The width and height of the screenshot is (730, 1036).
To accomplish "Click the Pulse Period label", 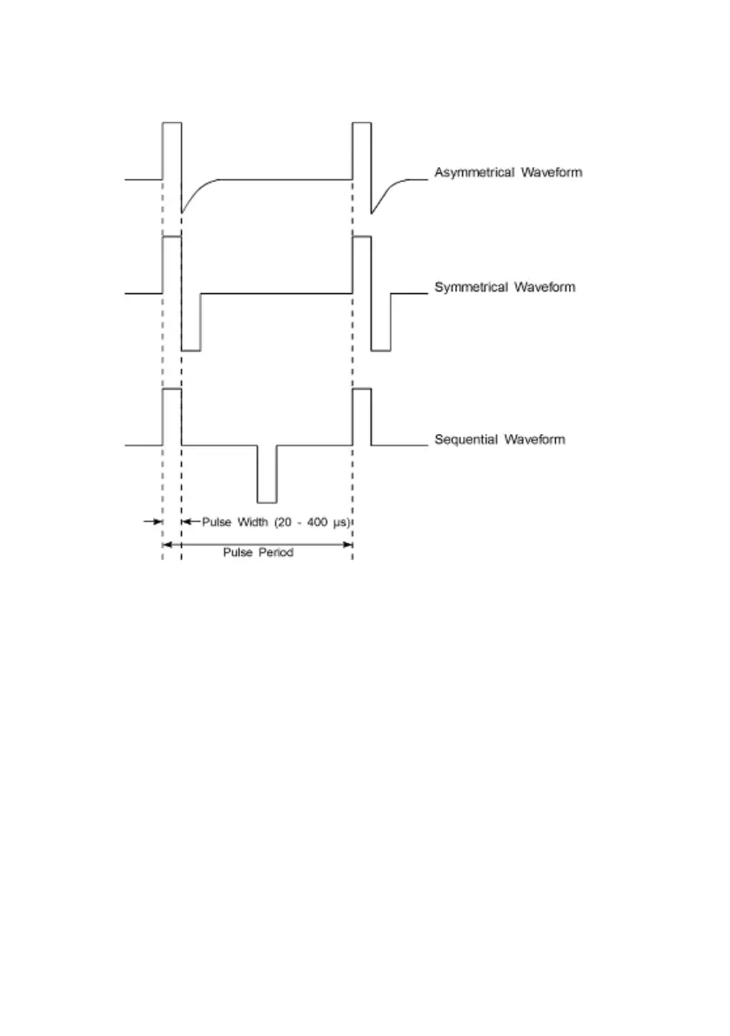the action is pyautogui.click(x=258, y=553).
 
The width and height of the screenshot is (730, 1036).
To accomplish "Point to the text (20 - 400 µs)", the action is pyautogui.click(x=315, y=522).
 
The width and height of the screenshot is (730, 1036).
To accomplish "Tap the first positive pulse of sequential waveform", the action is pyautogui.click(x=171, y=418).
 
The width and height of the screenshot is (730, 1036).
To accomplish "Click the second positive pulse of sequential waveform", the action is pyautogui.click(x=362, y=418).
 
